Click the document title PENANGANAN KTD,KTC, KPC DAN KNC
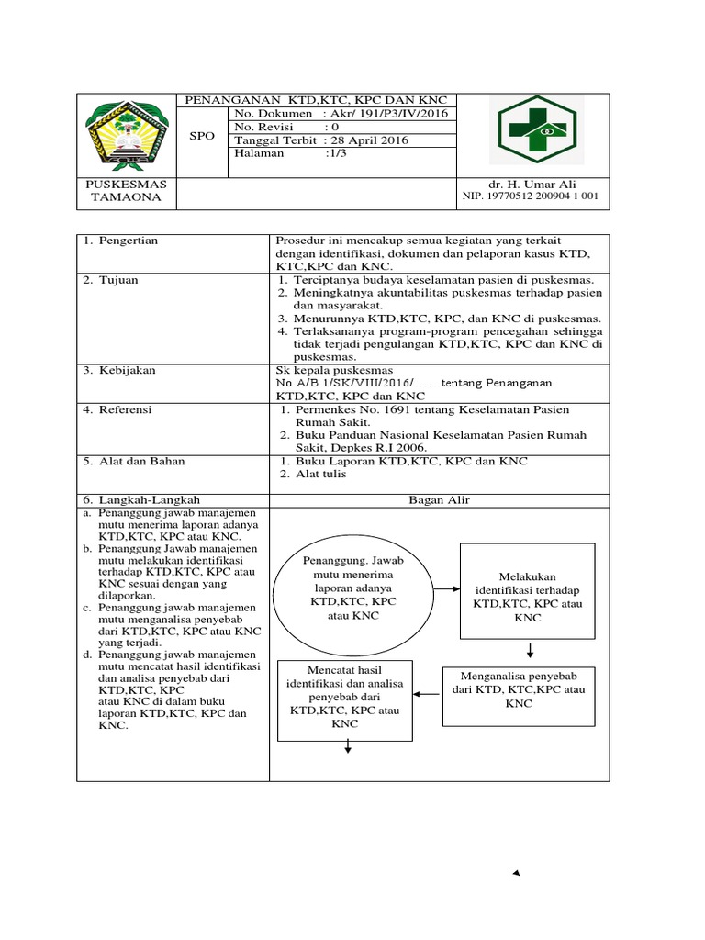(315, 100)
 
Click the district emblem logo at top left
(125, 135)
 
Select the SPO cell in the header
(202, 136)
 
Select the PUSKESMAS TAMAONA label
(126, 190)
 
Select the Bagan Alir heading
(439, 499)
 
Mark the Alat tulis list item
(321, 475)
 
